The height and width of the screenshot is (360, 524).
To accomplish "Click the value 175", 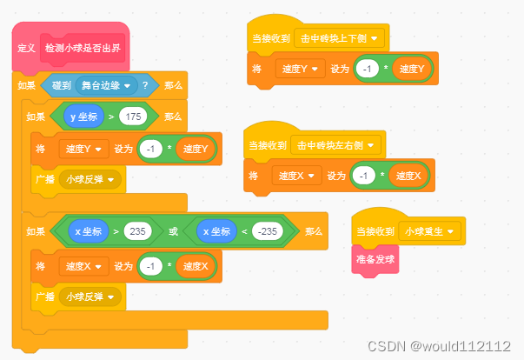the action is (133, 117).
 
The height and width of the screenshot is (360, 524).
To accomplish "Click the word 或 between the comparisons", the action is (174, 231).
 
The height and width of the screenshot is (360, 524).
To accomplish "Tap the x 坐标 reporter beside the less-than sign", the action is (218, 231).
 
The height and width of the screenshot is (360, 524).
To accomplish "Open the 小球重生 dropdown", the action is (431, 231).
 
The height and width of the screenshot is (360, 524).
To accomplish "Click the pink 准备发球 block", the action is (375, 258).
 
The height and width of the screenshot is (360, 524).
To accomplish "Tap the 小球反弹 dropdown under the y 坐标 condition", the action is (90, 180).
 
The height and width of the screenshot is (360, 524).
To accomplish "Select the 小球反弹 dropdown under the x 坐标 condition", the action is (90, 297).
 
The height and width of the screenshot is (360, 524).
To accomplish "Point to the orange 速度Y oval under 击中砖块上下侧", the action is (411, 68).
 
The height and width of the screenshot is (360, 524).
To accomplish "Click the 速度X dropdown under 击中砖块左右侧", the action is (297, 176).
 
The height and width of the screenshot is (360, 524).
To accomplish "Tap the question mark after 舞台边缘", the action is (145, 85).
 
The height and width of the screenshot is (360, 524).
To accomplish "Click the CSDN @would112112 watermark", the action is (439, 346).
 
